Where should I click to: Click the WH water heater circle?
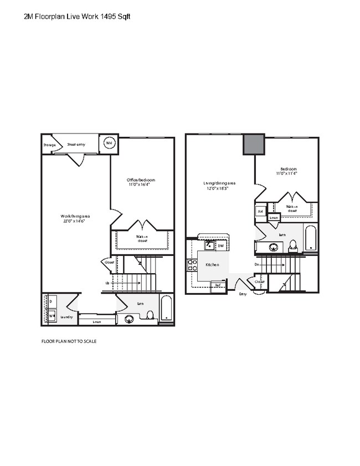109,142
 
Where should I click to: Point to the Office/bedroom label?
141,180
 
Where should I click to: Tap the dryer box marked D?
51,301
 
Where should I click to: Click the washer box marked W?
51,316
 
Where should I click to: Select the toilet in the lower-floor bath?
150,315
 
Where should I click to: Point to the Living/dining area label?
220,183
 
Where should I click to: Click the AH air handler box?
260,211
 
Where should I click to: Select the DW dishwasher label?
220,245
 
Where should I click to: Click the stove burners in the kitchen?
193,265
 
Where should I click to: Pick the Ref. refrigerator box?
218,285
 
